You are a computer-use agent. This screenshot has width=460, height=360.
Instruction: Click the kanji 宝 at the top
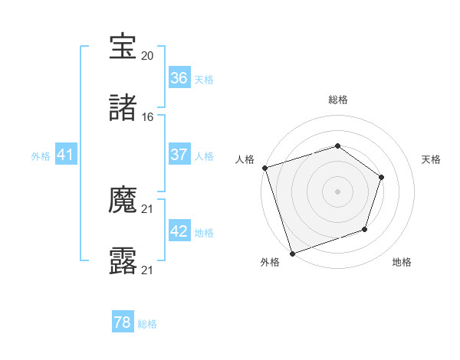123,47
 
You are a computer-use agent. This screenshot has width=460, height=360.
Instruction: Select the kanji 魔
123,201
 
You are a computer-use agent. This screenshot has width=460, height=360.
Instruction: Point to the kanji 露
123,261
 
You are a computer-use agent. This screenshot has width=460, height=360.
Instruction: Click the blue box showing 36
179,78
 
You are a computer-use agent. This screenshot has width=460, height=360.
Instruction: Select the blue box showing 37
179,155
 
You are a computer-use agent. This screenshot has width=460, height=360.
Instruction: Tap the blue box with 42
179,231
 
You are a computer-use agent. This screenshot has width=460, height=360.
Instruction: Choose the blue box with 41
65,155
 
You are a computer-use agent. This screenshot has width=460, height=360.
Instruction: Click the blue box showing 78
123,322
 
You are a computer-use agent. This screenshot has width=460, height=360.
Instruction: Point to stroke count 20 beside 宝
148,56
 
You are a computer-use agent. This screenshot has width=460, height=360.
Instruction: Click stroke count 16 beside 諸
148,117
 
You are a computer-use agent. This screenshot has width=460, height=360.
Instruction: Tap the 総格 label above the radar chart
337,100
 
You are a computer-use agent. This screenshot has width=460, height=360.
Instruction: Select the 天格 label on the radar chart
431,159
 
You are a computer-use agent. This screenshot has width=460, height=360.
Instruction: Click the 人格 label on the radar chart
245,159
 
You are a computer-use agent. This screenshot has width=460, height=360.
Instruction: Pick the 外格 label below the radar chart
269,262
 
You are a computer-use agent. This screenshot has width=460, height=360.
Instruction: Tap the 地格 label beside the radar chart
402,262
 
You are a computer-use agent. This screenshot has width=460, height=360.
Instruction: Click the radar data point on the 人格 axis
264,168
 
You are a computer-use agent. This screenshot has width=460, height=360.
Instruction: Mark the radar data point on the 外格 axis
292,253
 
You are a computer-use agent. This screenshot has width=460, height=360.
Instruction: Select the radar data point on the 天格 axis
381,177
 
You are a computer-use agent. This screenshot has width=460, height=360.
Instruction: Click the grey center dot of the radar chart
337,191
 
